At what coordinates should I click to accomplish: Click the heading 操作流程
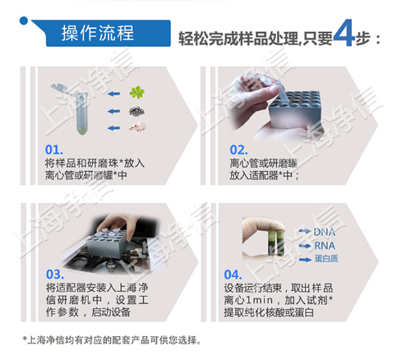97,32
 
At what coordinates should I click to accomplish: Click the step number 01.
54,149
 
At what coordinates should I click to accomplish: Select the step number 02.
238,149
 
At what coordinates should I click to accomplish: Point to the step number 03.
54,272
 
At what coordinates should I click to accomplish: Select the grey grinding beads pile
139,110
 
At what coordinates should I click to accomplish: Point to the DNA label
324,232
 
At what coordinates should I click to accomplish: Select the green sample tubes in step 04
275,239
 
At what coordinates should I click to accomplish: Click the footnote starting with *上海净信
112,339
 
